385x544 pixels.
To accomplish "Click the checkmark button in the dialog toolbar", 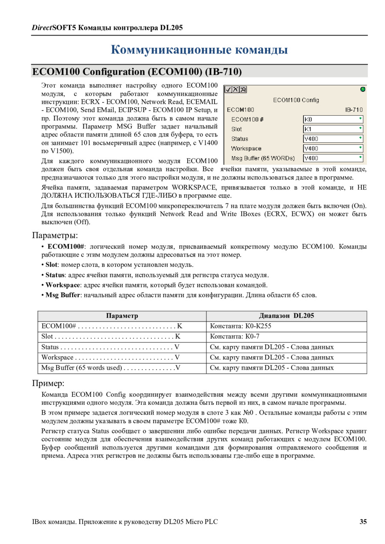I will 228,90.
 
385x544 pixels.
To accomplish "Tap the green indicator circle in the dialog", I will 363,89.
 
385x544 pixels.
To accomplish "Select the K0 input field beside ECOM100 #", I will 333,119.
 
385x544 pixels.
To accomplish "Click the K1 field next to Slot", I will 333,129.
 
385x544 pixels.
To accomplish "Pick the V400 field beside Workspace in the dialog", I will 333,148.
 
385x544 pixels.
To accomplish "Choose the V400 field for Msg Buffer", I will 333,158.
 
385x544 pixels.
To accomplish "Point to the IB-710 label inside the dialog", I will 354,109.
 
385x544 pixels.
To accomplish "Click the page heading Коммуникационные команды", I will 199,50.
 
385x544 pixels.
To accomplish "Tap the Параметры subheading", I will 55,235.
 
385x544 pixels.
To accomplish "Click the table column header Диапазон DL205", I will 286,316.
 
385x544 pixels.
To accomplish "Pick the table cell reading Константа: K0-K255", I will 240,326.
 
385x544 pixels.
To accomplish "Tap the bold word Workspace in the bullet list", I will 63,285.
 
